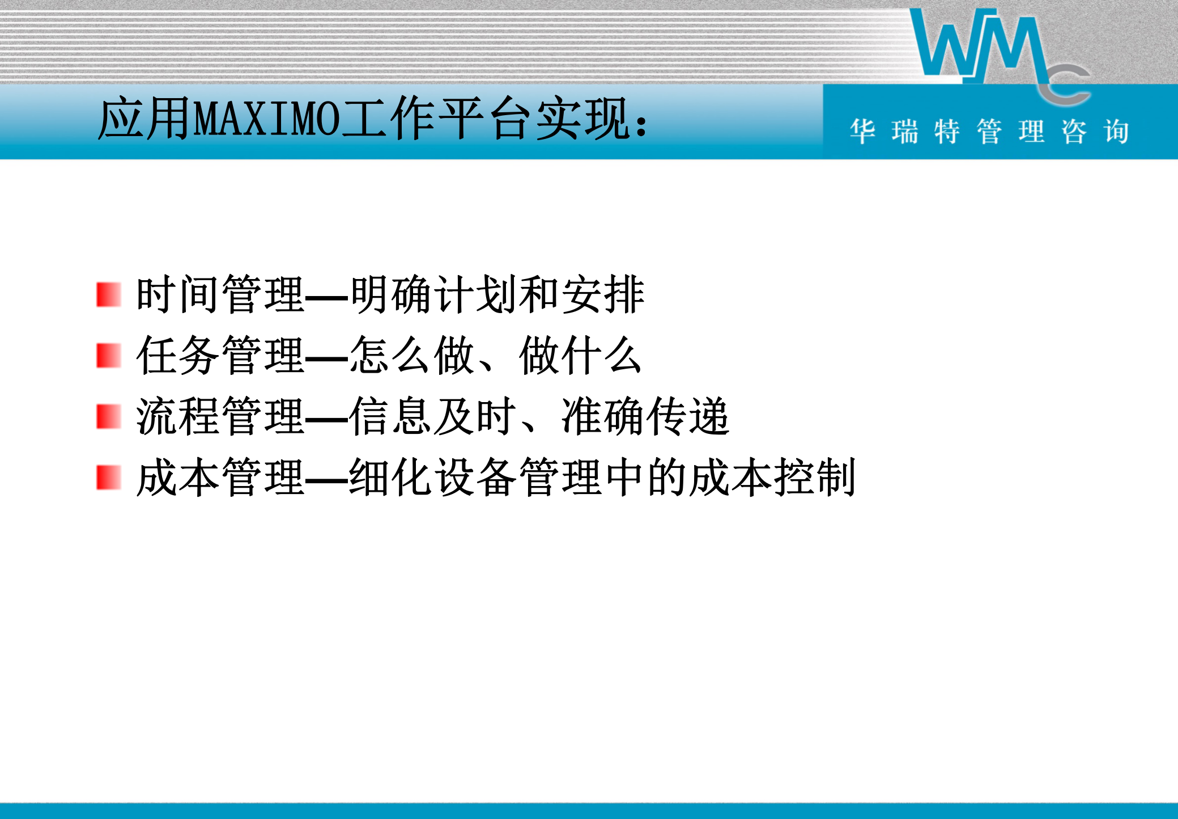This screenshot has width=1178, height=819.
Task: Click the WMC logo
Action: point(997,54)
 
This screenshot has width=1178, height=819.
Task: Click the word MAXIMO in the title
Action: point(266,119)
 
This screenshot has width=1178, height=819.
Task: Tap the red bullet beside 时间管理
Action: point(108,295)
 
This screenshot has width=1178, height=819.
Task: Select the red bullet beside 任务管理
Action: point(108,356)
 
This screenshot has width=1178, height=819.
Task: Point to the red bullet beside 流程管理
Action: point(108,417)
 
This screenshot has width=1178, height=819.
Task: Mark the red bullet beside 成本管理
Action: point(108,478)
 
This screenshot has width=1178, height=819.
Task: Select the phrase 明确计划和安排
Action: point(497,295)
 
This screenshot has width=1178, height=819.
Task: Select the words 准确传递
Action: point(645,417)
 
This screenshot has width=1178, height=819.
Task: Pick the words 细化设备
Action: point(433,478)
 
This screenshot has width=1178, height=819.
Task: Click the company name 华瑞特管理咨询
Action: point(989,132)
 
